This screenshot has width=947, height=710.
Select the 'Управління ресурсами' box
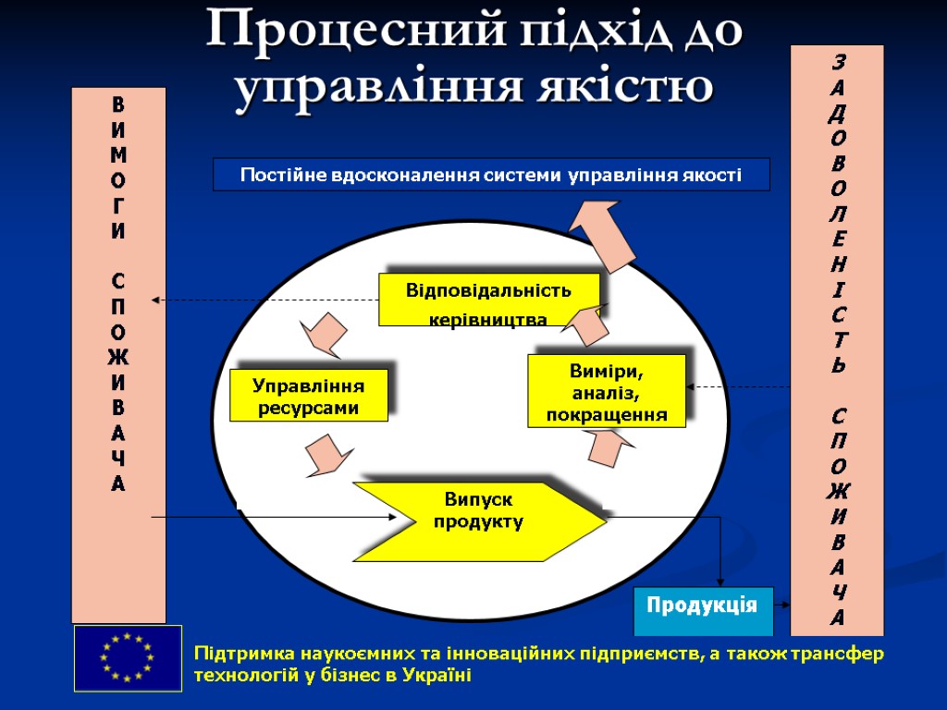pyautogui.click(x=308, y=396)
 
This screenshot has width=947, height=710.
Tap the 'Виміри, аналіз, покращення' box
pyautogui.click(x=607, y=391)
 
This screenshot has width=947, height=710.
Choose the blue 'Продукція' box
pyautogui.click(x=703, y=608)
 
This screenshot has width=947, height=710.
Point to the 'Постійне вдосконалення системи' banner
pyautogui.click(x=491, y=174)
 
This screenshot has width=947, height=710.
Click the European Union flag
pyautogui.click(x=128, y=657)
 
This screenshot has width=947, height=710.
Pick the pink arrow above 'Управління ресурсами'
pyautogui.click(x=323, y=335)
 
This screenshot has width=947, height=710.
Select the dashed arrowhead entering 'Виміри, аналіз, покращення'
pyautogui.click(x=693, y=387)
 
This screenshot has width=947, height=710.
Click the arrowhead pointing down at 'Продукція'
pyautogui.click(x=721, y=580)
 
